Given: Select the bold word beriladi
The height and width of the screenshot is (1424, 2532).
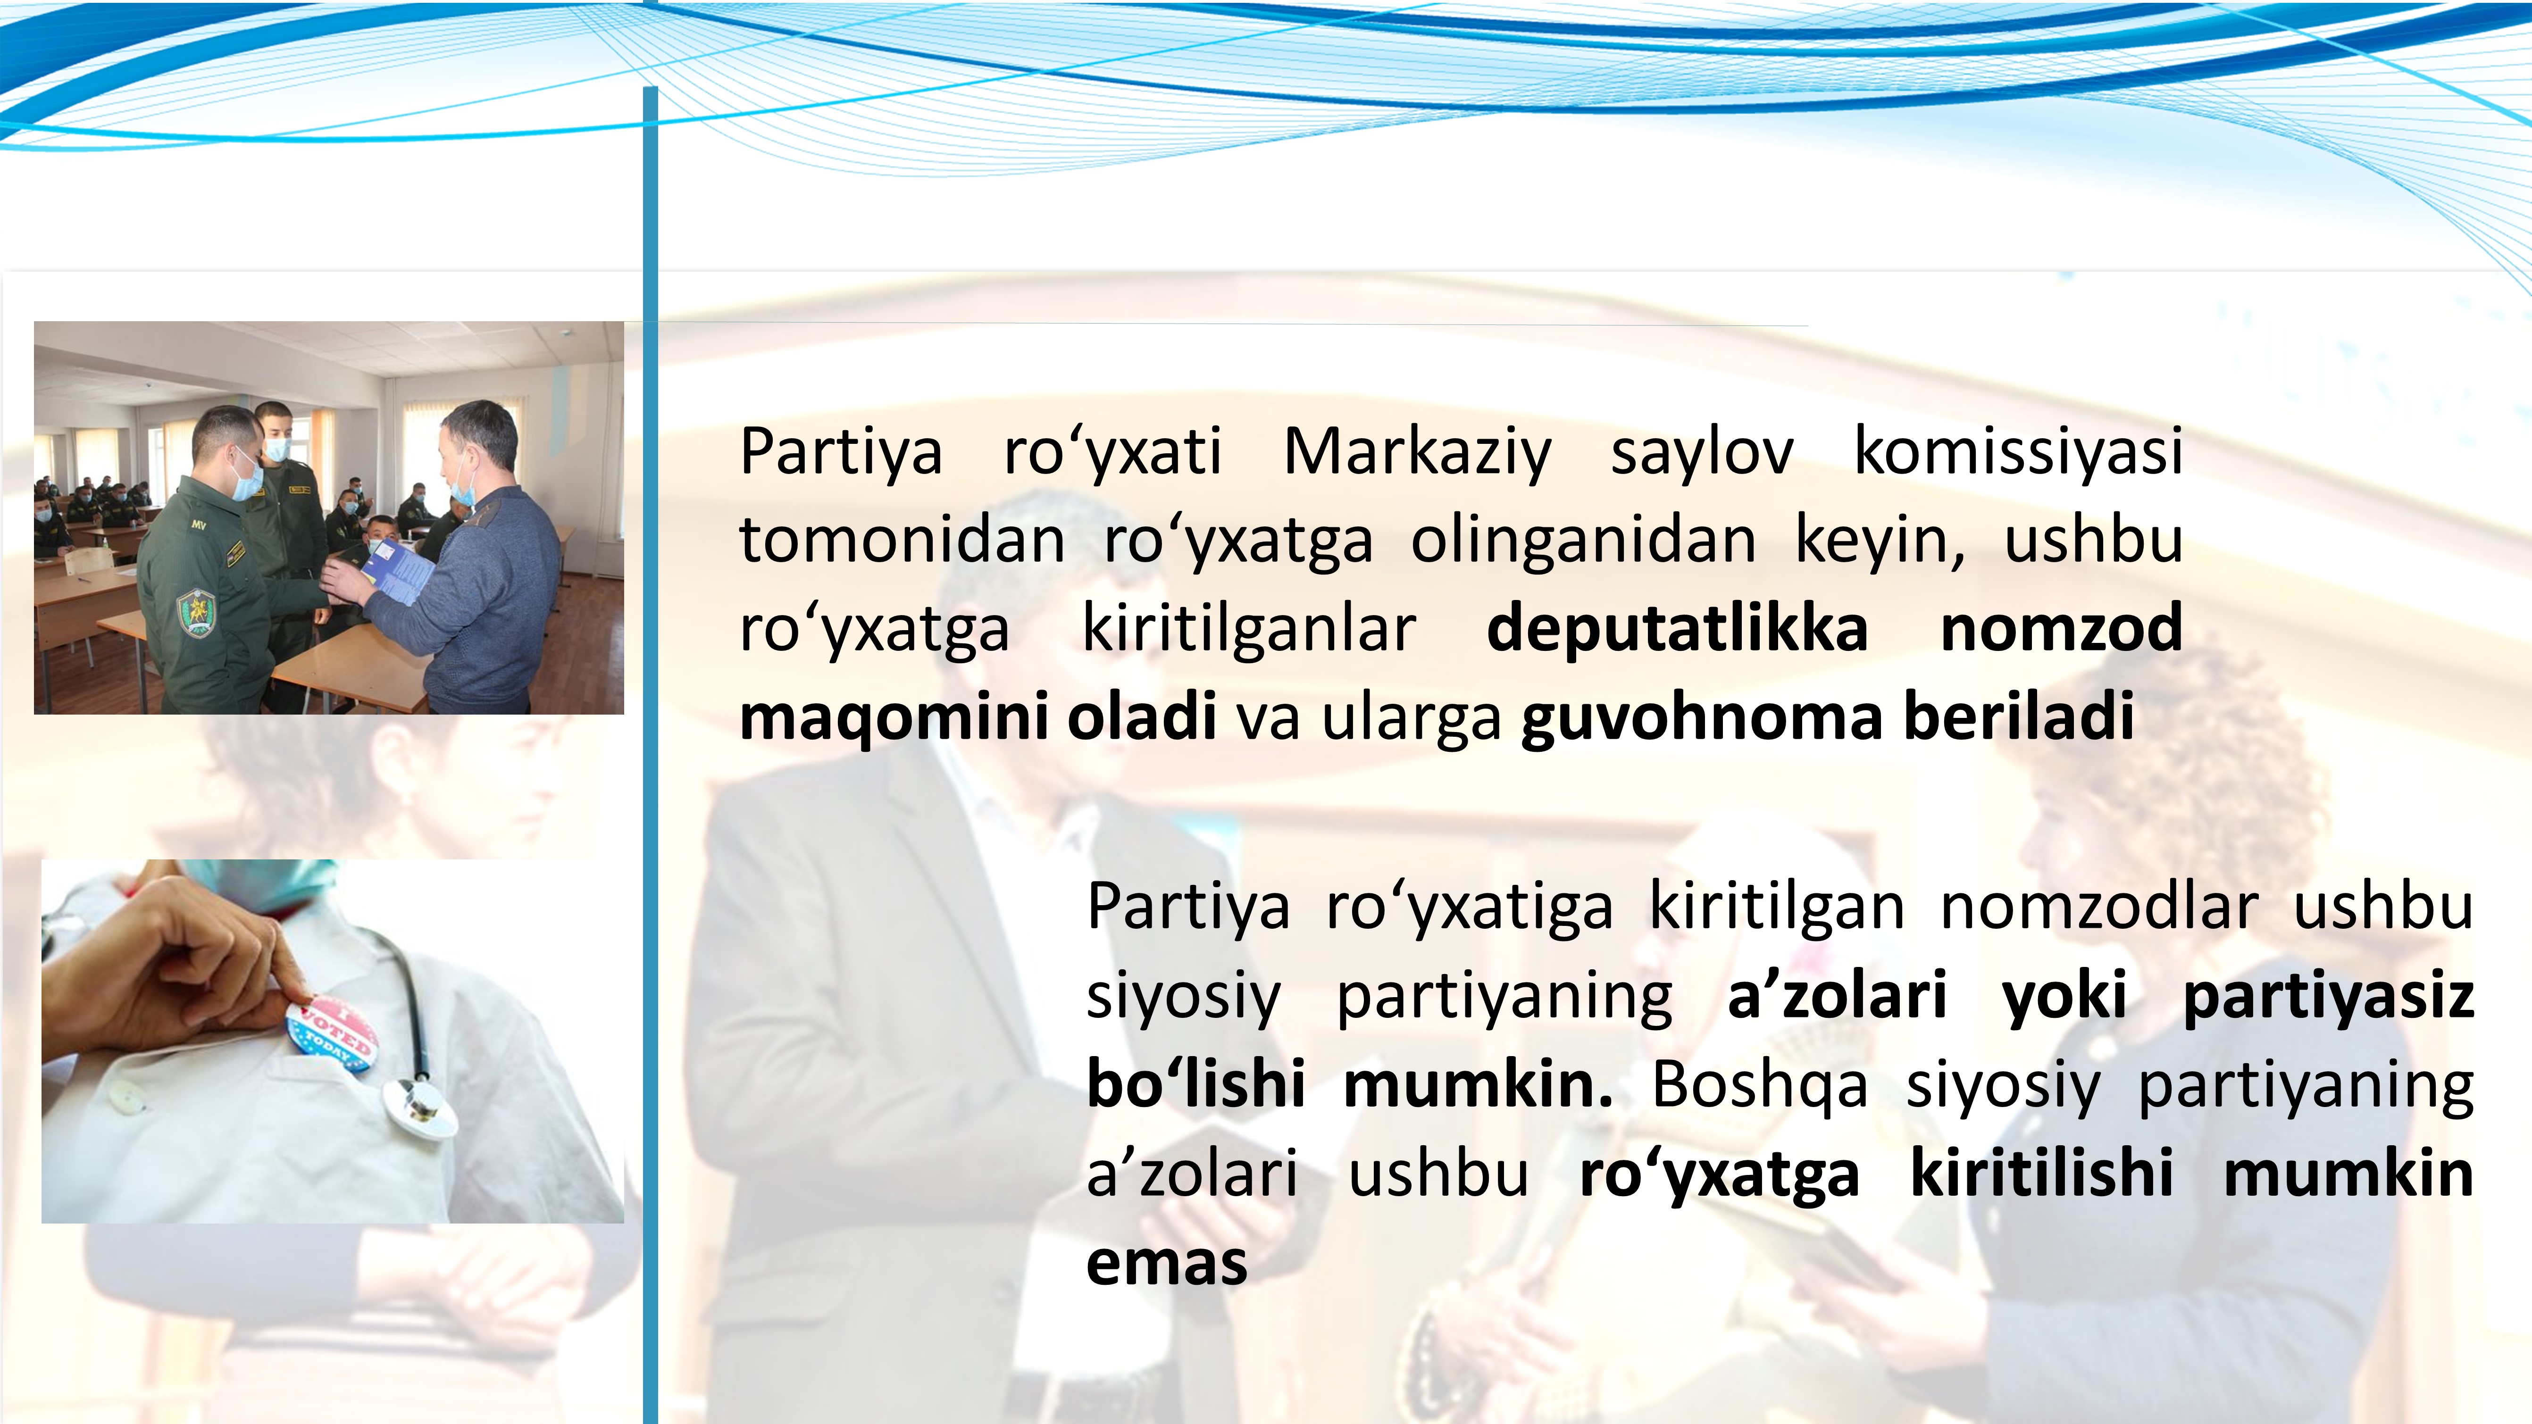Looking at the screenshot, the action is point(2019,716).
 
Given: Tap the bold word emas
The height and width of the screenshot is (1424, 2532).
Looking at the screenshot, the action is point(1167,1263).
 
